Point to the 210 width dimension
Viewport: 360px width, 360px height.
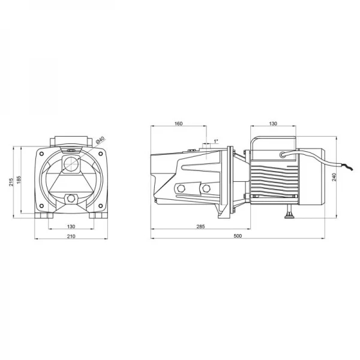[71, 238]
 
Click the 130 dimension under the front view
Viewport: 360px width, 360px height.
[71, 226]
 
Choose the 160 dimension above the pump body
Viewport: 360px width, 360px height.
[178, 124]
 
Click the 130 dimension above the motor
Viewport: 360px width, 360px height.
[273, 124]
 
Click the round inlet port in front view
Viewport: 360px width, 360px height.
[70, 164]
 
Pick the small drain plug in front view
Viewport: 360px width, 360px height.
[71, 198]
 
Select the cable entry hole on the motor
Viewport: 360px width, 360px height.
[281, 155]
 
